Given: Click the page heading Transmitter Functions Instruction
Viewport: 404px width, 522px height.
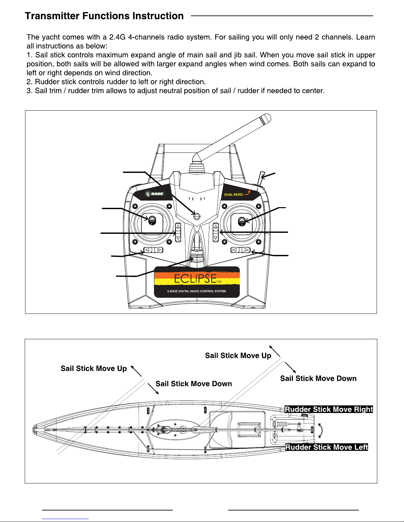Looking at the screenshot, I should pyautogui.click(x=104, y=16).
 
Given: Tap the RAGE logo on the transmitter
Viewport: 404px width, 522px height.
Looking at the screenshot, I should pyautogui.click(x=155, y=194).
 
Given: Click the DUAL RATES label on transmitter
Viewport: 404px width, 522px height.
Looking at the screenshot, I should pyautogui.click(x=233, y=195).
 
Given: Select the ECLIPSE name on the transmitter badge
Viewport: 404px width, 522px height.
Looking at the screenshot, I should pyautogui.click(x=196, y=279).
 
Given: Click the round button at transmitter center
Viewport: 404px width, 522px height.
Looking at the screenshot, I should pyautogui.click(x=197, y=216).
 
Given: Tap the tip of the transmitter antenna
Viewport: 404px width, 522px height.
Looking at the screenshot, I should pyautogui.click(x=266, y=117).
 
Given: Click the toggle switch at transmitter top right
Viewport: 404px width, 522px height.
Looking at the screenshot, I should pyautogui.click(x=262, y=177).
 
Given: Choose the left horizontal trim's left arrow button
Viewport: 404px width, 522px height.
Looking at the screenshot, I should pyautogui.click(x=148, y=250).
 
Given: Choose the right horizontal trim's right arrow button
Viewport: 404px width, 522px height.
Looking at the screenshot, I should pyautogui.click(x=246, y=250).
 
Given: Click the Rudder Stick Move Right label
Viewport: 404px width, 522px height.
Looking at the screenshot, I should pyautogui.click(x=328, y=409).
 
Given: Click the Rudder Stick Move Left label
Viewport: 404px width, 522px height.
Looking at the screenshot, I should pyautogui.click(x=326, y=447).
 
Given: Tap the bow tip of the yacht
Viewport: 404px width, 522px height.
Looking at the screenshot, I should pyautogui.click(x=34, y=429).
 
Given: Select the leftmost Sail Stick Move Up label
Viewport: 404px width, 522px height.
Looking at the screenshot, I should pyautogui.click(x=94, y=369).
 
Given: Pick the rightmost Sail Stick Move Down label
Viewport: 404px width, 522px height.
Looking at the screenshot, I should pyautogui.click(x=318, y=378).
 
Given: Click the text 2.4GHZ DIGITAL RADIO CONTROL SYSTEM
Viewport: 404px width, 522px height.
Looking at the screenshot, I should pyautogui.click(x=197, y=291).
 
